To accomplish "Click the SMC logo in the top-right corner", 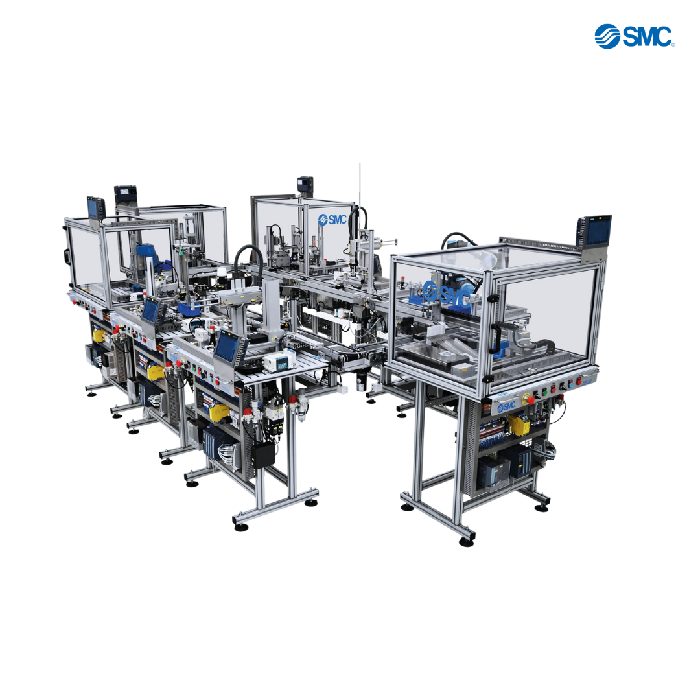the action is pyautogui.click(x=634, y=36).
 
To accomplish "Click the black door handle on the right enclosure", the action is pyautogui.click(x=495, y=338).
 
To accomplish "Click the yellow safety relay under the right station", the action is pyautogui.click(x=519, y=424).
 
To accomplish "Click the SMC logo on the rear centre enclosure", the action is pyautogui.click(x=332, y=219).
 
